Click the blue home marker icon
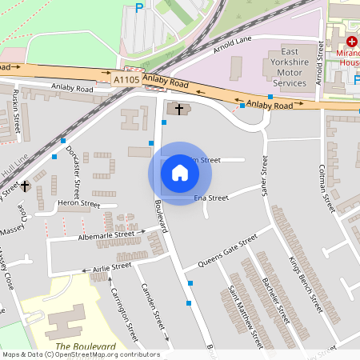pos(180,173)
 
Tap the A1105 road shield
pos(126,79)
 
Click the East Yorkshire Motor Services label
pos(290,67)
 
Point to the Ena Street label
pos(211,198)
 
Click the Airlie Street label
pos(111,266)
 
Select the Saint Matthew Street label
pos(246,316)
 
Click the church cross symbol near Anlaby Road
pos(178,107)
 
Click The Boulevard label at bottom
pos(86,346)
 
